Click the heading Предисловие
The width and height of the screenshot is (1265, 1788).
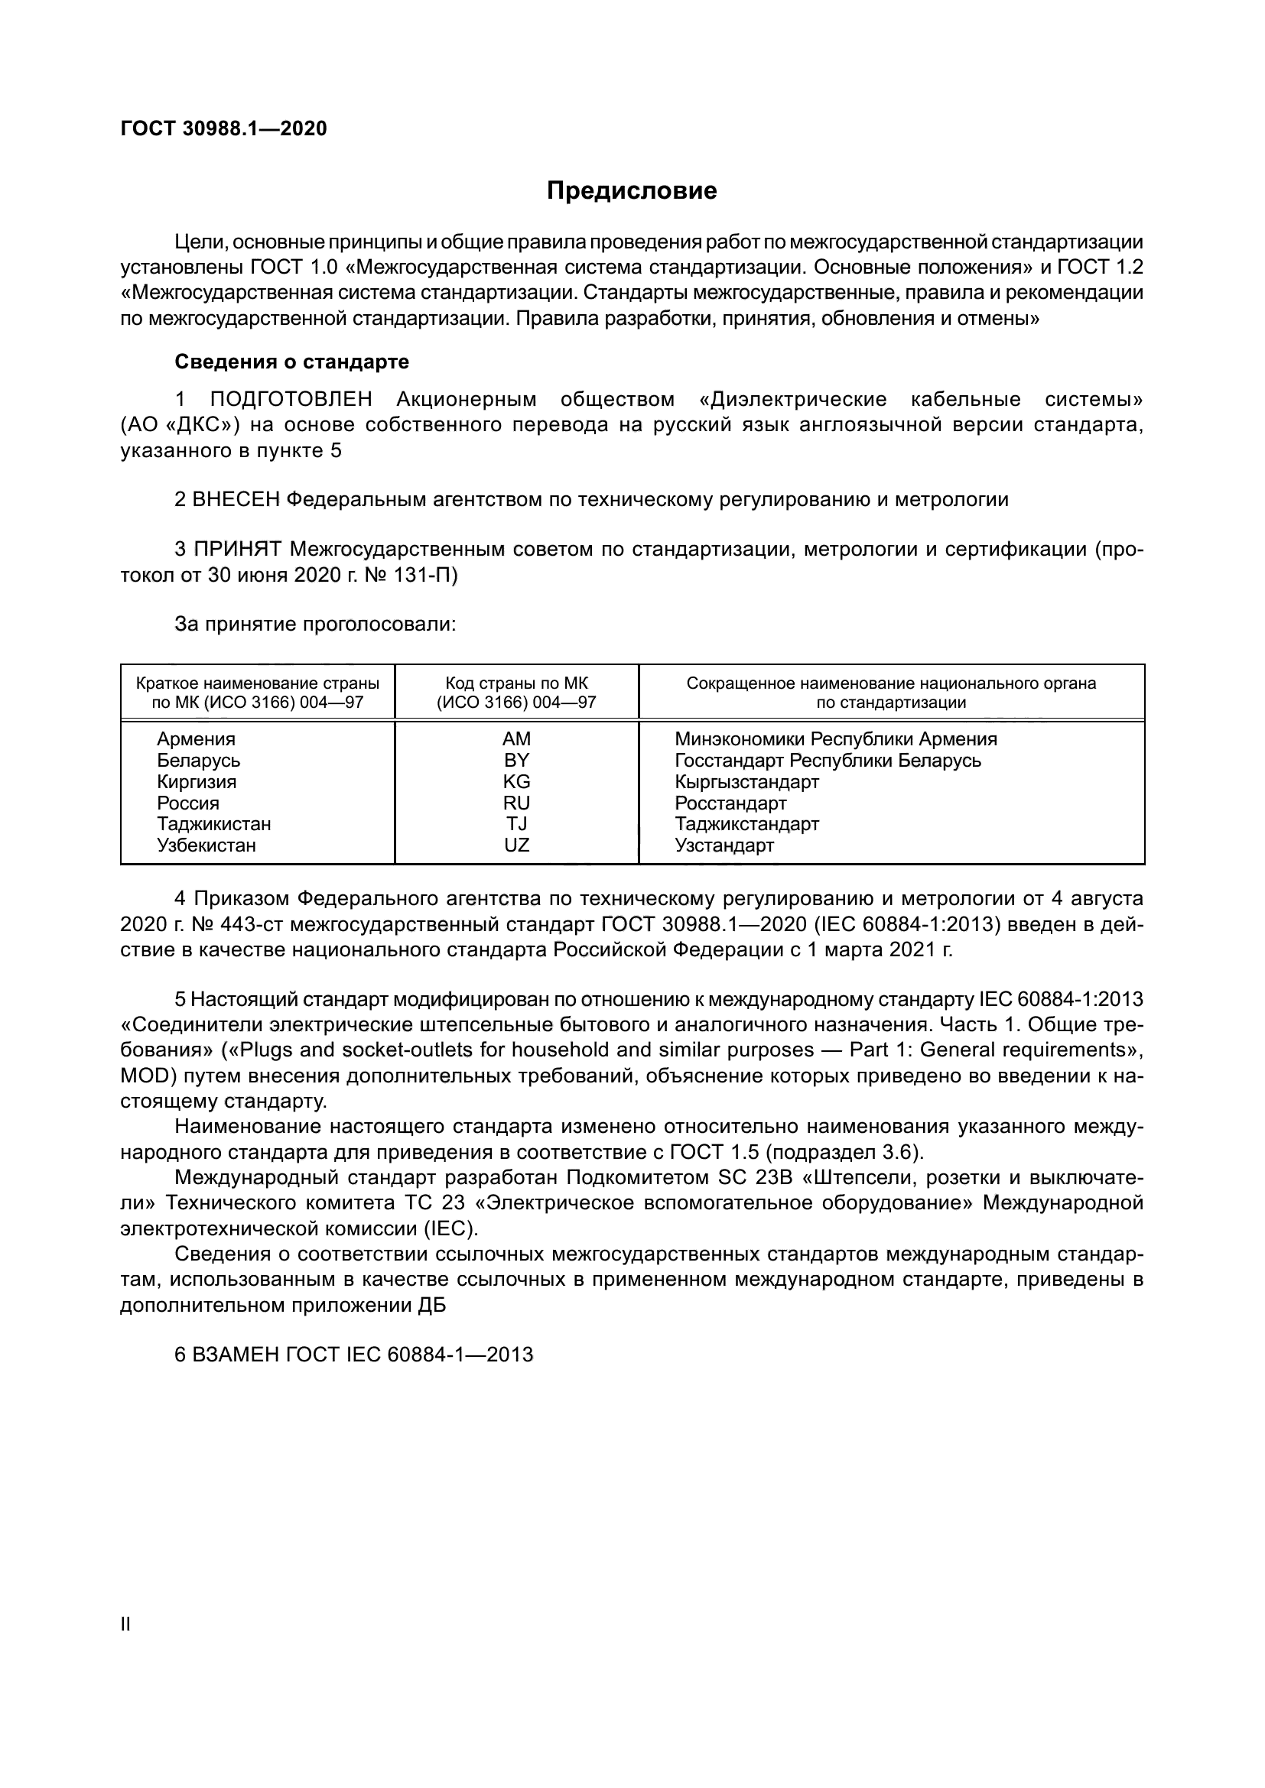[632, 191]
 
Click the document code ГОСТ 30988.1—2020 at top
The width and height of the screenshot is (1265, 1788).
[223, 128]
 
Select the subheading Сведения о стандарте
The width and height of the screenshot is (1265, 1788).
[291, 362]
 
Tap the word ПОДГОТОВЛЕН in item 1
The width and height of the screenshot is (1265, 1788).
[291, 400]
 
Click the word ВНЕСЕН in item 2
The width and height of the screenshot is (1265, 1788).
[236, 499]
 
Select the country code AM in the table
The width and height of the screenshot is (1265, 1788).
[516, 738]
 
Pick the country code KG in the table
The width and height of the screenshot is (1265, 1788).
[516, 781]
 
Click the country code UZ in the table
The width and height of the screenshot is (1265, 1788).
[516, 845]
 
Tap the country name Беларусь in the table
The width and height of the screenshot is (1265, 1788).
[199, 760]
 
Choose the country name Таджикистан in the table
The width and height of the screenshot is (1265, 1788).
[214, 824]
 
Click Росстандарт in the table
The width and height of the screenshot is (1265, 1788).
[730, 803]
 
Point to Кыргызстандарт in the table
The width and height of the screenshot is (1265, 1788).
[747, 781]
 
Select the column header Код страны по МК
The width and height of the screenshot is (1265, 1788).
[516, 683]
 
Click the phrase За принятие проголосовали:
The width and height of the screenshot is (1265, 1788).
[314, 624]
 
